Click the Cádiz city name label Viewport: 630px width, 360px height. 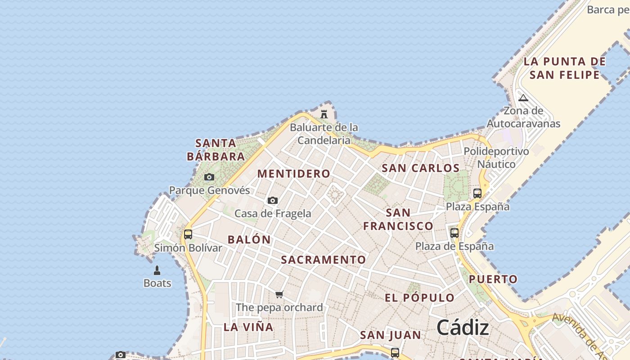[x=463, y=327]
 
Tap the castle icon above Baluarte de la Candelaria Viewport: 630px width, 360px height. [x=324, y=114]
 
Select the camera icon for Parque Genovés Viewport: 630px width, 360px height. [x=209, y=177]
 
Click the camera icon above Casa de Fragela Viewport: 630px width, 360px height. [x=273, y=201]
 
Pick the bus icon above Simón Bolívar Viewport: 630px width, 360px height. [x=188, y=234]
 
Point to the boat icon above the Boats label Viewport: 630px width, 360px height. [x=157, y=270]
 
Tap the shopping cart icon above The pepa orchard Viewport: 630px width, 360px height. [x=279, y=295]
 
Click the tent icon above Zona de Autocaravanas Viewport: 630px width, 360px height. [x=523, y=98]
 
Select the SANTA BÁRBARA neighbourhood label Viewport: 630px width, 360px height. [x=216, y=150]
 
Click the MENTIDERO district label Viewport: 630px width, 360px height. [x=294, y=174]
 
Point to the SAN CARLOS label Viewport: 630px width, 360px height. [x=421, y=168]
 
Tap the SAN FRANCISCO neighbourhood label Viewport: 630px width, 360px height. [x=398, y=219]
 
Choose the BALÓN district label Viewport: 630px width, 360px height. [x=249, y=239]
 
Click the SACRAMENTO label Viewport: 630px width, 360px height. [x=324, y=260]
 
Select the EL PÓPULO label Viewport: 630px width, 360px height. [x=420, y=298]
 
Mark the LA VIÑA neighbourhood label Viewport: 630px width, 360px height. [x=248, y=327]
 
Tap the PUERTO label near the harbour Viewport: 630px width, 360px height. [x=494, y=279]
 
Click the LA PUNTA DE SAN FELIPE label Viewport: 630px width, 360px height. [x=565, y=68]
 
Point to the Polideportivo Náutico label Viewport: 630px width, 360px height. [x=496, y=157]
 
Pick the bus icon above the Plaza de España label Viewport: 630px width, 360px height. [x=454, y=233]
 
